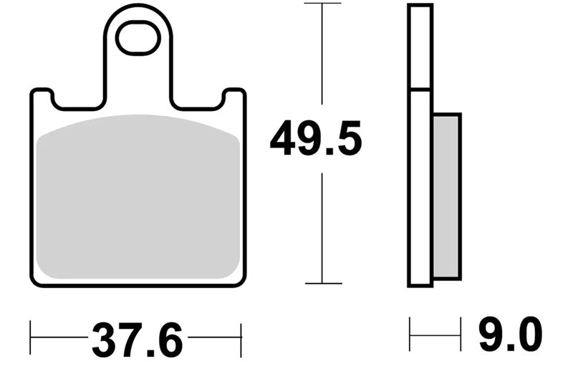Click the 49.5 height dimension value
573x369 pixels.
click(316, 138)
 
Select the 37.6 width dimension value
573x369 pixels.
click(137, 340)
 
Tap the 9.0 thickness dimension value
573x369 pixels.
click(511, 335)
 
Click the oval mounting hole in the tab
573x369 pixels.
click(138, 38)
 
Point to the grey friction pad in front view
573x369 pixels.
click(138, 197)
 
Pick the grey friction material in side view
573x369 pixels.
click(447, 196)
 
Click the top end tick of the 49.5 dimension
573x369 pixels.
click(322, 4)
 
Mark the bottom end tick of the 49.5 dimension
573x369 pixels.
click(324, 283)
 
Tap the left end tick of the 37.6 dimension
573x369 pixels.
click(30, 337)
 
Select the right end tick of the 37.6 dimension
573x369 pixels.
click(241, 340)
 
